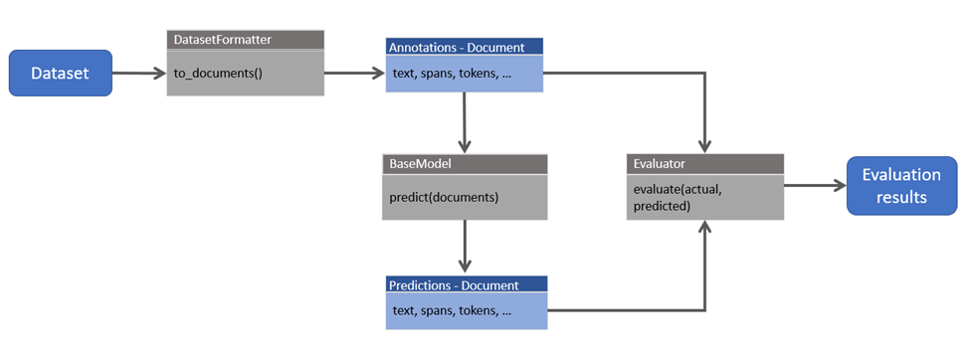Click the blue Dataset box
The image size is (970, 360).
61,73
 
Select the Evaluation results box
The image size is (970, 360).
901,185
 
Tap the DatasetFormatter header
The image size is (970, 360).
245,39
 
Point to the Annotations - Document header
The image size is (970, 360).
464,46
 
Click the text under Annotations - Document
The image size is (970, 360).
452,73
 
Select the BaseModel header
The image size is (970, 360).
464,162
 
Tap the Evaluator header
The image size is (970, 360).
704,162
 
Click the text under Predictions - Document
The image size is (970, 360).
452,311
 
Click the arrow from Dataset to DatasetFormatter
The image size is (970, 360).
138,73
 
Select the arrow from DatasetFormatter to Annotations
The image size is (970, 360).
353,73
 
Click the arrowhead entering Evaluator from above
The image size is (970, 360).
705,145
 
